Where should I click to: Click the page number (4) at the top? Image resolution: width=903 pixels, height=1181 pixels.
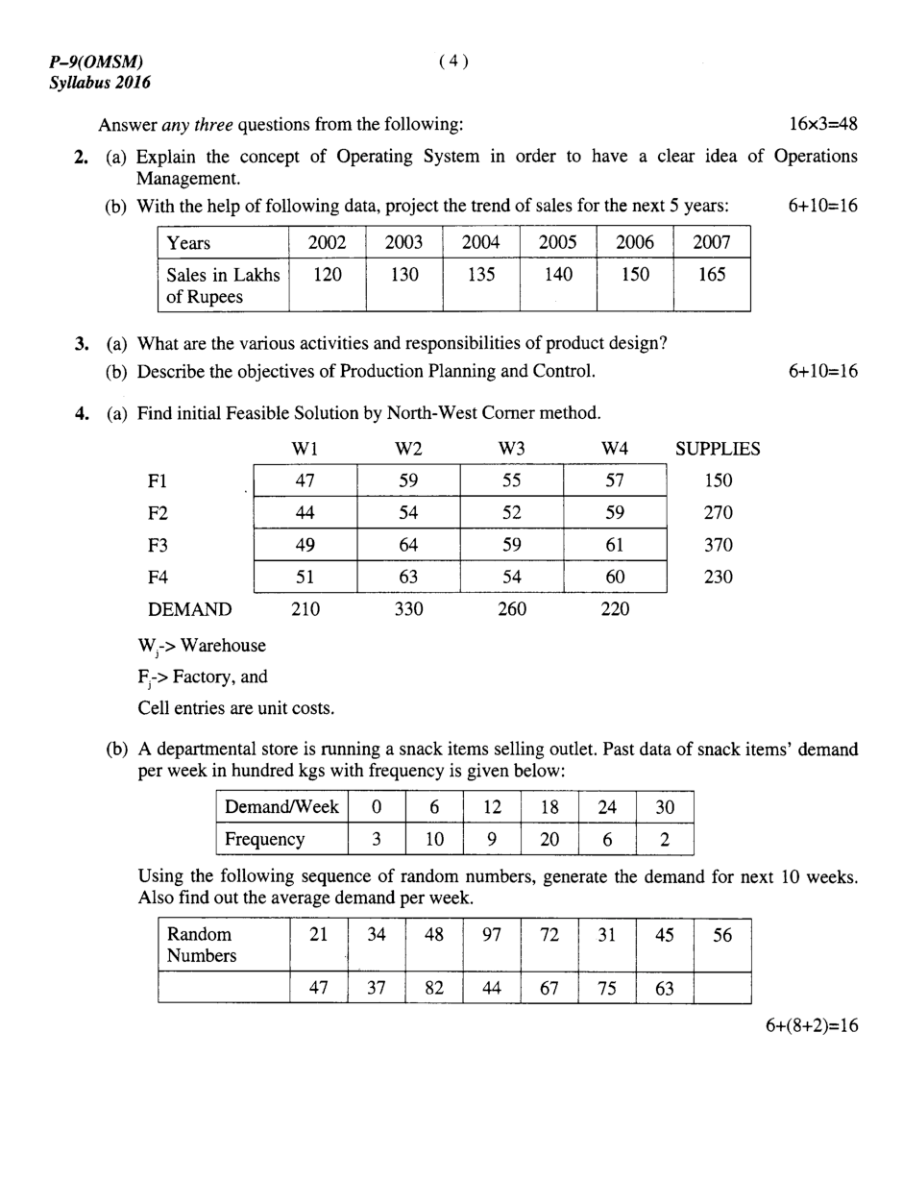tap(453, 62)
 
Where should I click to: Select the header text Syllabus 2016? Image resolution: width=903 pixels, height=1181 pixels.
tap(100, 84)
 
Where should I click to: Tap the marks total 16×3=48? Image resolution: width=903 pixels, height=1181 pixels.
tap(822, 124)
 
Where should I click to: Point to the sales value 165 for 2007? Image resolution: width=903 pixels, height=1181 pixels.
tap(712, 275)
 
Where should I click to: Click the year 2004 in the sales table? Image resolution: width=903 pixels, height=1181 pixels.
tap(481, 243)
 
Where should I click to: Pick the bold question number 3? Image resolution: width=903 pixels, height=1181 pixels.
tap(82, 343)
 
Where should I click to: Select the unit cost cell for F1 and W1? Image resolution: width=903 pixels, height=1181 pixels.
tap(305, 480)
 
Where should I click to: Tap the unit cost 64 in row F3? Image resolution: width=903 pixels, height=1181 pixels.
tap(408, 545)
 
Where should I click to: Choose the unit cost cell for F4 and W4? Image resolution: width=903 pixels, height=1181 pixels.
tap(615, 578)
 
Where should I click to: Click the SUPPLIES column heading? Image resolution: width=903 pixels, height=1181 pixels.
tap(718, 449)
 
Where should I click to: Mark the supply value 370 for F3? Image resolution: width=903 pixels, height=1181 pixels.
tap(718, 545)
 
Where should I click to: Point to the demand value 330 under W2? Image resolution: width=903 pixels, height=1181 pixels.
tap(408, 609)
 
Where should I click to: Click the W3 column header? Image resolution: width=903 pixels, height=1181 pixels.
tap(512, 449)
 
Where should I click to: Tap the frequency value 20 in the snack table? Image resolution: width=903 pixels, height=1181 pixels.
tap(549, 839)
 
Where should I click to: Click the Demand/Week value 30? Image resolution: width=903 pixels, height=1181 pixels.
tap(665, 807)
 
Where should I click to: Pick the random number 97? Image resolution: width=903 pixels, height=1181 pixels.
tap(492, 934)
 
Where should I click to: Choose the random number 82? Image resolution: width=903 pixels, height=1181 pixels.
tap(434, 988)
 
